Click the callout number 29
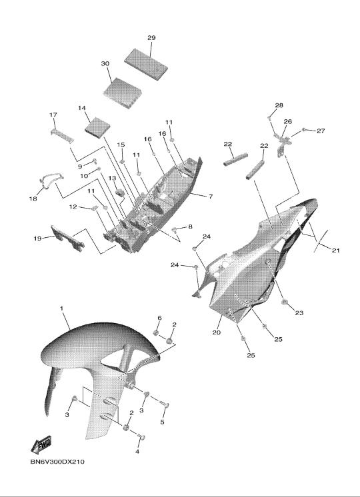pos(151,38)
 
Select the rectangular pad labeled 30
pos(123,93)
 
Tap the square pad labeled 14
pos(98,127)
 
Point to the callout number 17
pos(53,115)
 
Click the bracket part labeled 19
pos(67,238)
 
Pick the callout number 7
pos(211,197)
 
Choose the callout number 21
pos(335,250)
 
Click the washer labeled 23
pos(284,301)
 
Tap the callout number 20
pos(216,332)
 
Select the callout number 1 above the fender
pos(62,308)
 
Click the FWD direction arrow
pos(41,444)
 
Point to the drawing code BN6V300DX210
pos(57,462)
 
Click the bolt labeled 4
pos(141,438)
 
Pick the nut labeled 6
pos(156,332)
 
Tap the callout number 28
pos(279,105)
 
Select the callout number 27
pos(321,131)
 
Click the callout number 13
pos(112,178)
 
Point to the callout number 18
pos(33,199)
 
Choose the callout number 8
pos(190,227)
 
